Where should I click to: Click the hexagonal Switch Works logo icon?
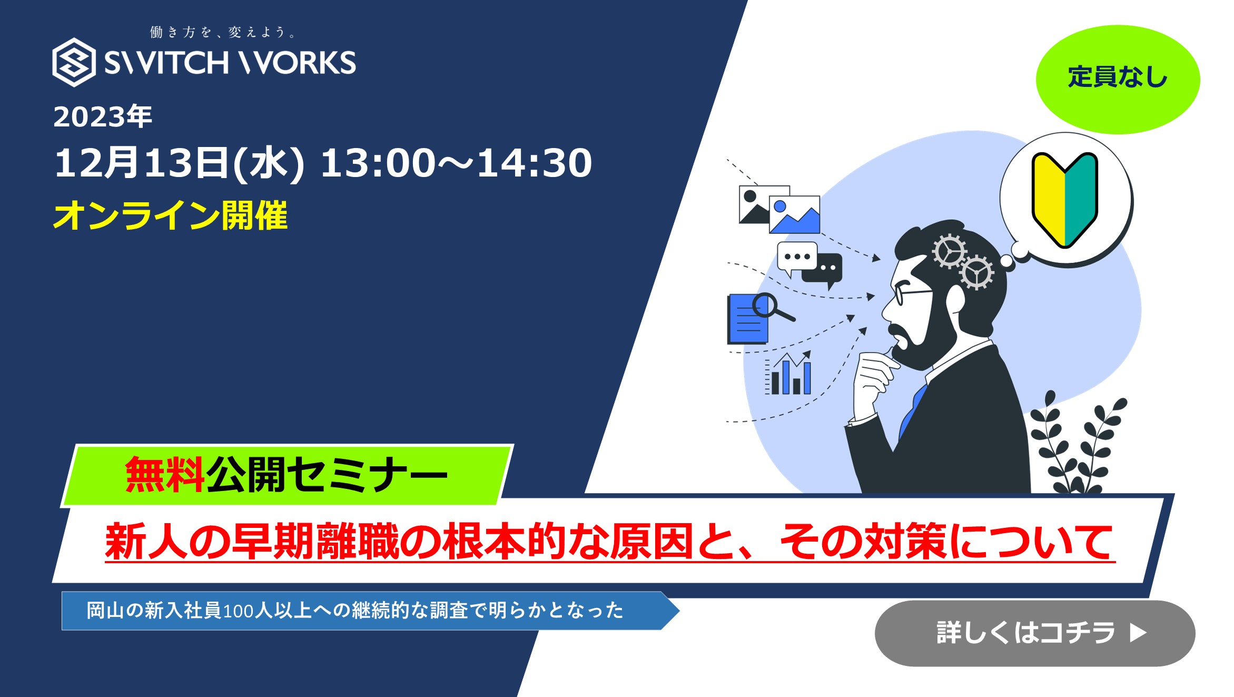click(74, 62)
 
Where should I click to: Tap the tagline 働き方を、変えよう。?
click(223, 33)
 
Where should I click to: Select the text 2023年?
click(103, 116)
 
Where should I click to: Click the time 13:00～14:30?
click(456, 163)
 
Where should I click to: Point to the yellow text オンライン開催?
click(171, 215)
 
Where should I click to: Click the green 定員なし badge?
click(1118, 79)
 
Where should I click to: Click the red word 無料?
click(165, 475)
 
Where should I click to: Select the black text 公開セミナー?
click(327, 475)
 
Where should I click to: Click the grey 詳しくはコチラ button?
click(1035, 633)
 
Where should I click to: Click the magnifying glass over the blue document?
click(772, 307)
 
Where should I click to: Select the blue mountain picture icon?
click(794, 214)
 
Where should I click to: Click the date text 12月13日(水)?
click(180, 163)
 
